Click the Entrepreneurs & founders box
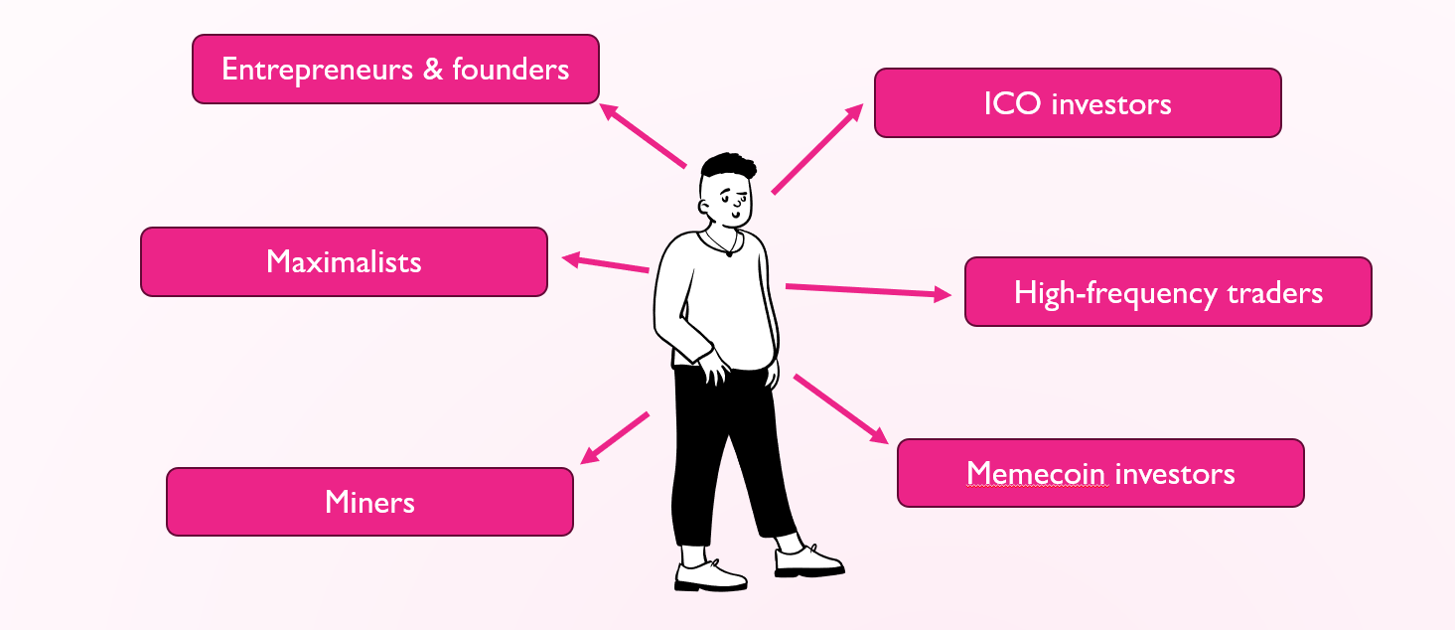click(395, 69)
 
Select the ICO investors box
click(1078, 103)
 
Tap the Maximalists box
click(344, 261)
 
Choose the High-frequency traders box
click(1168, 292)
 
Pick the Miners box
click(369, 502)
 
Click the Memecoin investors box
click(1100, 473)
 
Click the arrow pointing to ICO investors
click(816, 149)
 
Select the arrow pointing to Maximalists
click(606, 263)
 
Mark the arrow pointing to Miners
click(615, 437)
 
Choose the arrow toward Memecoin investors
click(840, 407)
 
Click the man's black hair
click(728, 166)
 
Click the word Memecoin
click(1036, 473)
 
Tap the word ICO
click(1013, 104)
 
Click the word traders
click(1275, 293)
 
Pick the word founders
click(510, 69)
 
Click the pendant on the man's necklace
click(730, 252)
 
